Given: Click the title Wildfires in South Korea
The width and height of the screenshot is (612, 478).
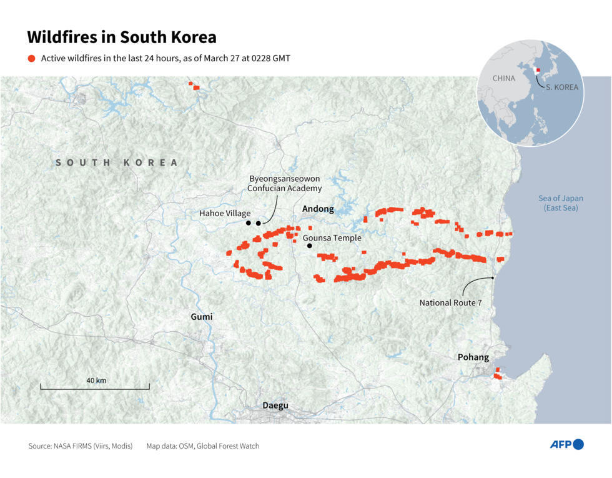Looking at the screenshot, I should point(122,37).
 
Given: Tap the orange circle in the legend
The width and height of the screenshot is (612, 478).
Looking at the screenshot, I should point(32,58).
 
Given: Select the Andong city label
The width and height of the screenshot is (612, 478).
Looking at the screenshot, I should point(318,209).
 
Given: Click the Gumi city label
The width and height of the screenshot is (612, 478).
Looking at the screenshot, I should point(201,317).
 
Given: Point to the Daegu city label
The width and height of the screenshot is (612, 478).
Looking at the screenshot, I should point(275,406).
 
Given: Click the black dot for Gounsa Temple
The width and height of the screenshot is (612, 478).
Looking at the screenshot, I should point(309,246).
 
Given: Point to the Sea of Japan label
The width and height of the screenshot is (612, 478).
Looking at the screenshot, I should point(561,203).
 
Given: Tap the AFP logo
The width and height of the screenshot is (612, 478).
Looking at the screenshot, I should point(566,445).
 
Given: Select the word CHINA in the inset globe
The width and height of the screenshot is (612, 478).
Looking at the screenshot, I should point(503,79).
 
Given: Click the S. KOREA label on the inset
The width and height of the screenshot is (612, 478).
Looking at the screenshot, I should point(561,87).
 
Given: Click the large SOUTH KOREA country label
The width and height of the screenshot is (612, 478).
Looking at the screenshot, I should point(117,162).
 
